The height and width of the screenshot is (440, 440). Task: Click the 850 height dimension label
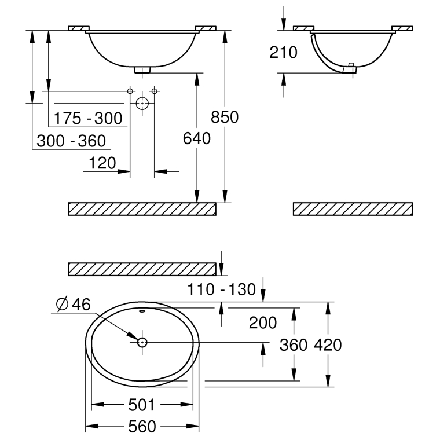(225, 117)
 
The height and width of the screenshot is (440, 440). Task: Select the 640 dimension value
(197, 138)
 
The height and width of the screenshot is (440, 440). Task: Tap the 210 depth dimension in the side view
(283, 53)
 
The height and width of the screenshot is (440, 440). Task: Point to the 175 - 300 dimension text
(88, 118)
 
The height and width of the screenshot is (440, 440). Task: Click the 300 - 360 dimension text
(71, 141)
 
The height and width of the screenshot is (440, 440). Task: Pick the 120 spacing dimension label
(102, 163)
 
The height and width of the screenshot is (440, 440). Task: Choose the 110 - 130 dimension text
(221, 289)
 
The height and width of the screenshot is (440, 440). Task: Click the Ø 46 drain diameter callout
(74, 304)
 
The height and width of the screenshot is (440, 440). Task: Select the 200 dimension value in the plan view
(263, 322)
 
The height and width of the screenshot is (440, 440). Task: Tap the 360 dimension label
(294, 345)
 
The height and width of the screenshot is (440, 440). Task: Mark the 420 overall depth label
(328, 345)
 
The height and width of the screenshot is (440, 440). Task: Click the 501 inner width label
(141, 405)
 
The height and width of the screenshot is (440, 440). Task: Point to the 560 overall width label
(142, 427)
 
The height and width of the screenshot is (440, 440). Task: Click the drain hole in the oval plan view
(142, 342)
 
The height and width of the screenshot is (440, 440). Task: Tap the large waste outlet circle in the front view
(142, 103)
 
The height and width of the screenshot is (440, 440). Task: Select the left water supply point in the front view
(130, 91)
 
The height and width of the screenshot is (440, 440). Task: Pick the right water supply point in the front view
(155, 91)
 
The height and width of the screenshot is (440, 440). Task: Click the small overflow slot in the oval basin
(142, 311)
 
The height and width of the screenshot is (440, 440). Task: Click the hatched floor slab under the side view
(353, 209)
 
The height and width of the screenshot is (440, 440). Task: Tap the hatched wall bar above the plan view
(142, 269)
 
